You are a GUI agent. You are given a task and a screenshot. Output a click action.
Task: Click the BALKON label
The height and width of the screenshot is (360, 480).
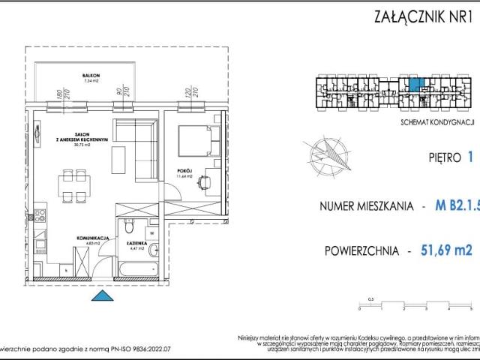(91, 76)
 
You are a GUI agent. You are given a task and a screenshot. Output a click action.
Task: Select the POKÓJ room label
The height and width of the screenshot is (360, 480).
(186, 170)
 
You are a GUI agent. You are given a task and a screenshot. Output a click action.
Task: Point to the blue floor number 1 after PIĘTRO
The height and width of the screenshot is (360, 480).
(469, 157)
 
